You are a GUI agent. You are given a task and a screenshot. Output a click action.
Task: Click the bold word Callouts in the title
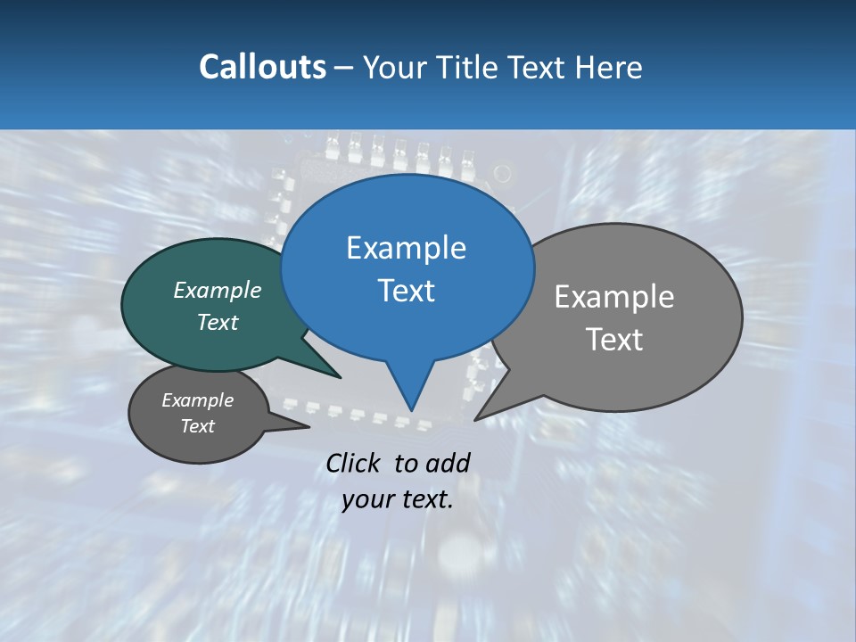[x=262, y=67]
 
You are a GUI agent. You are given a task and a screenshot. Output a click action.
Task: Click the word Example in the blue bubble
[x=406, y=248]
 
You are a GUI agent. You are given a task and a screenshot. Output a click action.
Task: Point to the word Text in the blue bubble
[x=406, y=291]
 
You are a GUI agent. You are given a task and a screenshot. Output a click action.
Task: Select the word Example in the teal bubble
[x=218, y=291]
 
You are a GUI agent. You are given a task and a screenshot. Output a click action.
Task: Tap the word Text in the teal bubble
[x=218, y=322]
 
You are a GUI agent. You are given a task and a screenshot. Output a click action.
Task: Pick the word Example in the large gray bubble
[x=614, y=297]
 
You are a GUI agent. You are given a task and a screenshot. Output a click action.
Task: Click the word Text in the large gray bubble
[x=614, y=340]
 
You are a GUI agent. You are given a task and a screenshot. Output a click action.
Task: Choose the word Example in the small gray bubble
[x=197, y=400]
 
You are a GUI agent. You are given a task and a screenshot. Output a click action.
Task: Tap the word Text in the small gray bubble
[x=197, y=426]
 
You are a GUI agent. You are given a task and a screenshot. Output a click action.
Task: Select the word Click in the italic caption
[x=354, y=463]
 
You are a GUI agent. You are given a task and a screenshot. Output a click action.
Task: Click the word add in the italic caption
[x=447, y=463]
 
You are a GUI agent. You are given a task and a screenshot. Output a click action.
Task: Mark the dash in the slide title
[x=344, y=68]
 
